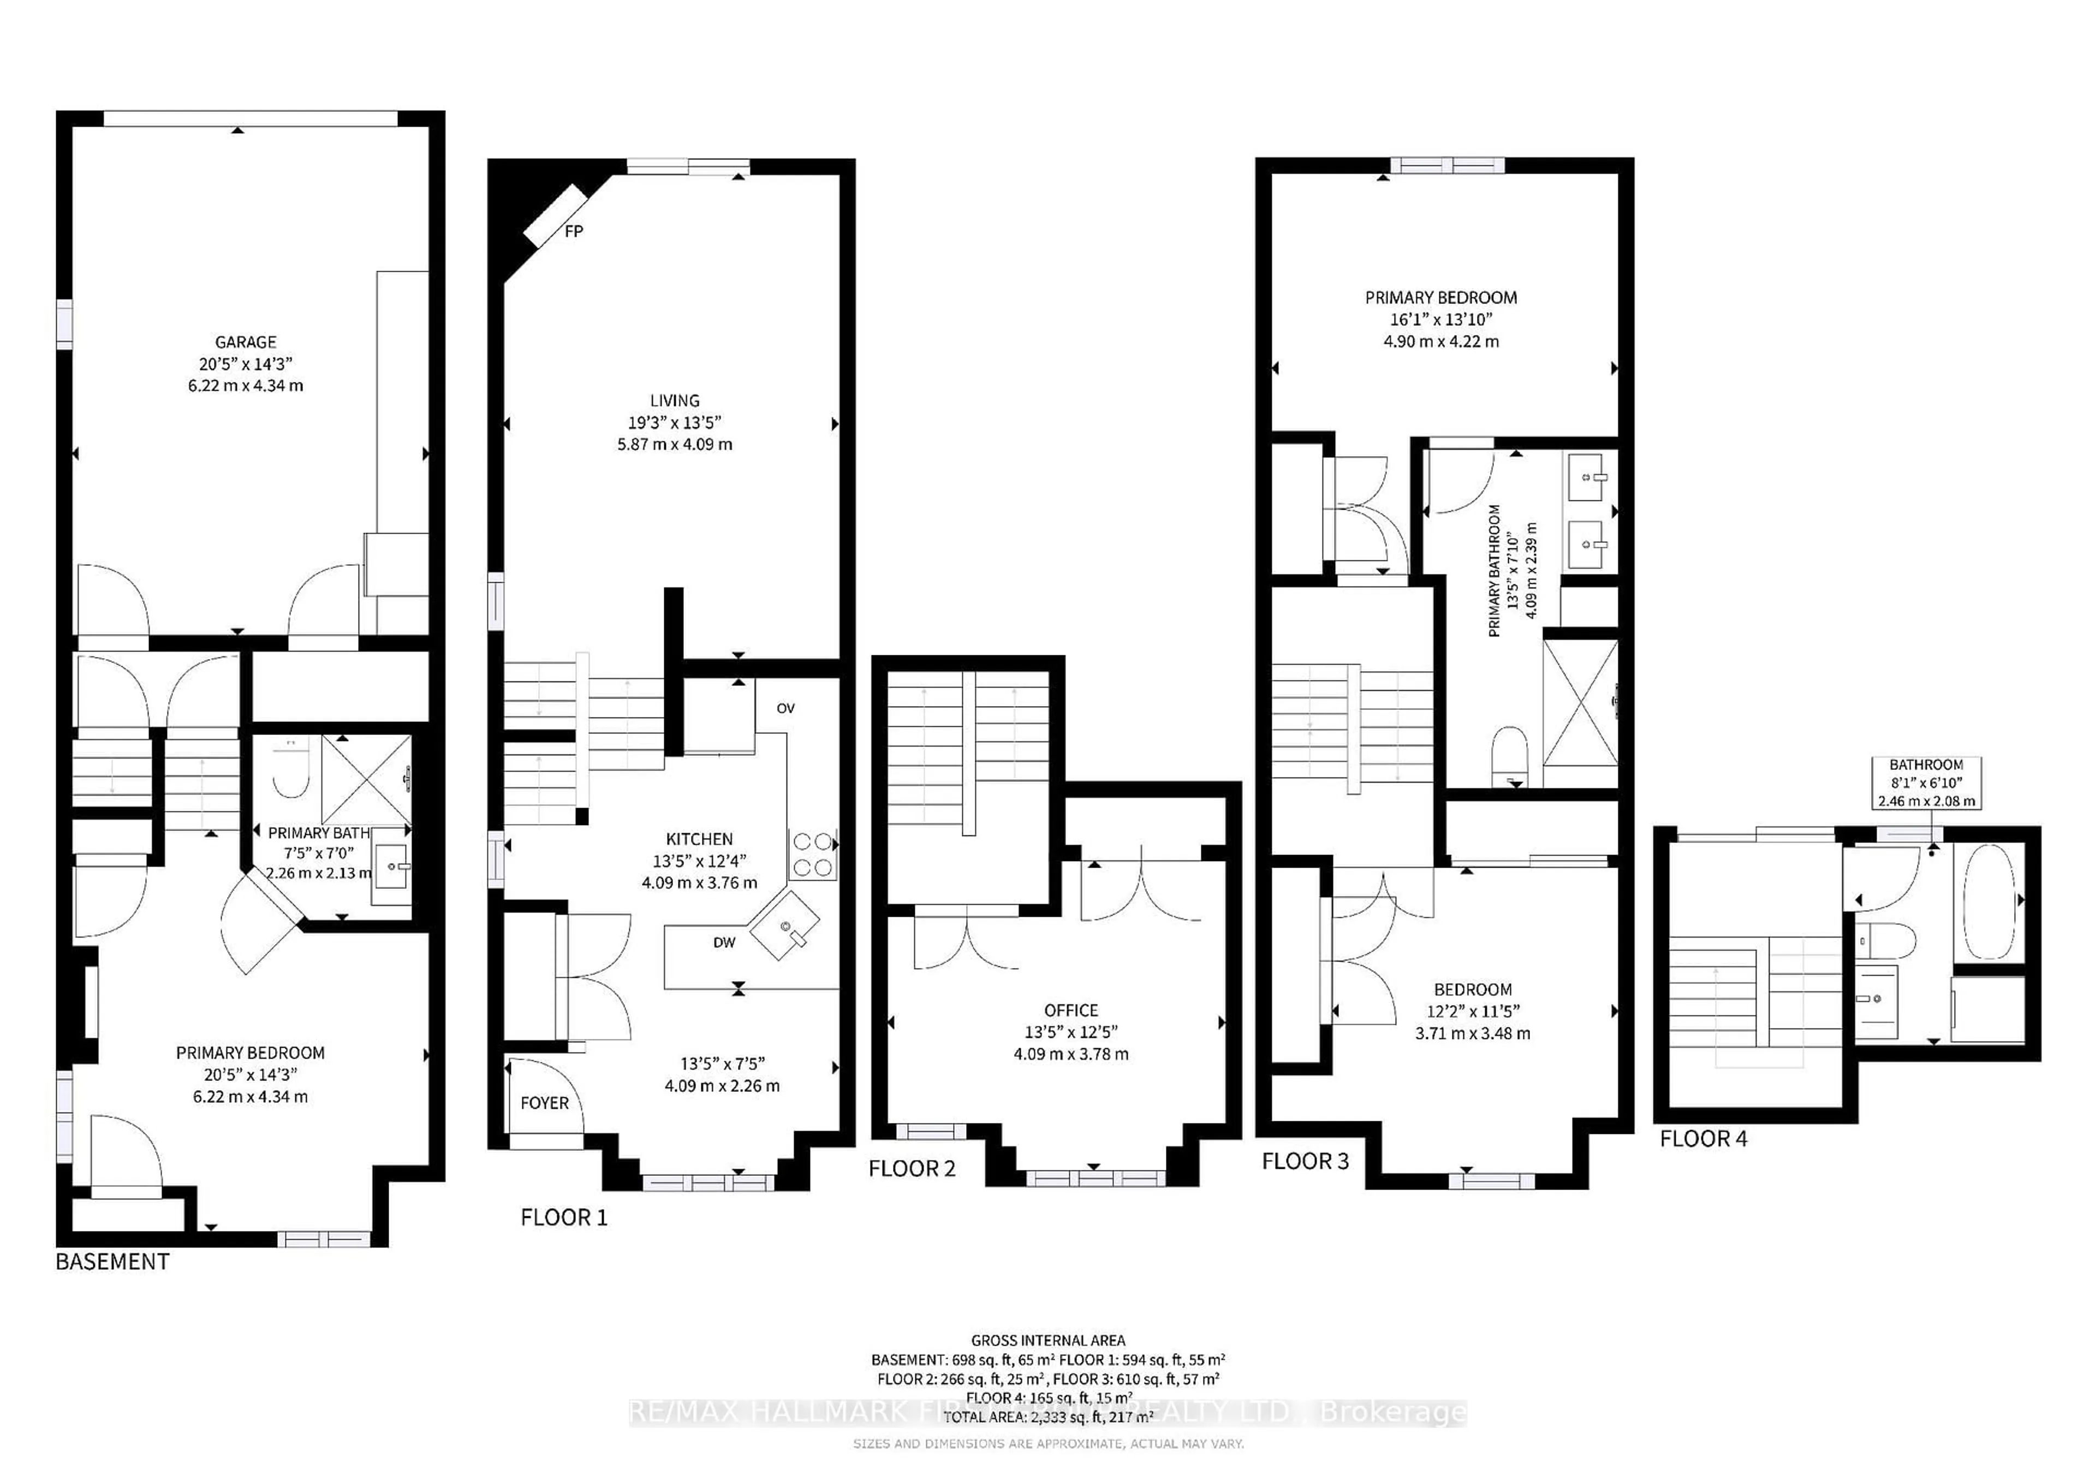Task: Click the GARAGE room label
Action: pyautogui.click(x=246, y=342)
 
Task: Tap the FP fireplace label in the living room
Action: pyautogui.click(x=573, y=232)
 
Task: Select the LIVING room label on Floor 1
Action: pyautogui.click(x=675, y=401)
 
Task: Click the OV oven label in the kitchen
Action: pyautogui.click(x=785, y=708)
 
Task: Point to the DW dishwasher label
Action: pyautogui.click(x=724, y=943)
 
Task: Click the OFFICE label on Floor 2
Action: pyautogui.click(x=1071, y=1010)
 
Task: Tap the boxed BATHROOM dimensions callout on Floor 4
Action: pyautogui.click(x=1926, y=783)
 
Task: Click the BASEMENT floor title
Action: pyautogui.click(x=112, y=1262)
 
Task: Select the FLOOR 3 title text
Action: pyautogui.click(x=1305, y=1162)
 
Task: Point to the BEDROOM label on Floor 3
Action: pyautogui.click(x=1473, y=989)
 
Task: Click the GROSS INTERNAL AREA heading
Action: pyautogui.click(x=1048, y=1341)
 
